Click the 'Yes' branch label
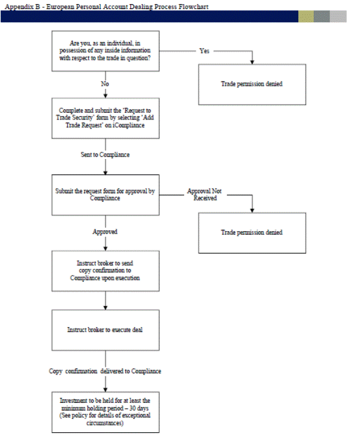(x=204, y=51)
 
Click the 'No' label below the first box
(x=105, y=83)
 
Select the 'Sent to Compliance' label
(x=105, y=155)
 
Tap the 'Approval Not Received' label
(x=205, y=194)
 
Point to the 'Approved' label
(x=105, y=232)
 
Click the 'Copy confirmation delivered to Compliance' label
(x=105, y=371)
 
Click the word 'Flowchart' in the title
(x=194, y=7)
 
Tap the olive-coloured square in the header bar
(x=306, y=17)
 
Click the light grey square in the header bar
(x=338, y=17)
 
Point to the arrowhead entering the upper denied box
(x=252, y=62)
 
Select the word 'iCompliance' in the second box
(x=128, y=125)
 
